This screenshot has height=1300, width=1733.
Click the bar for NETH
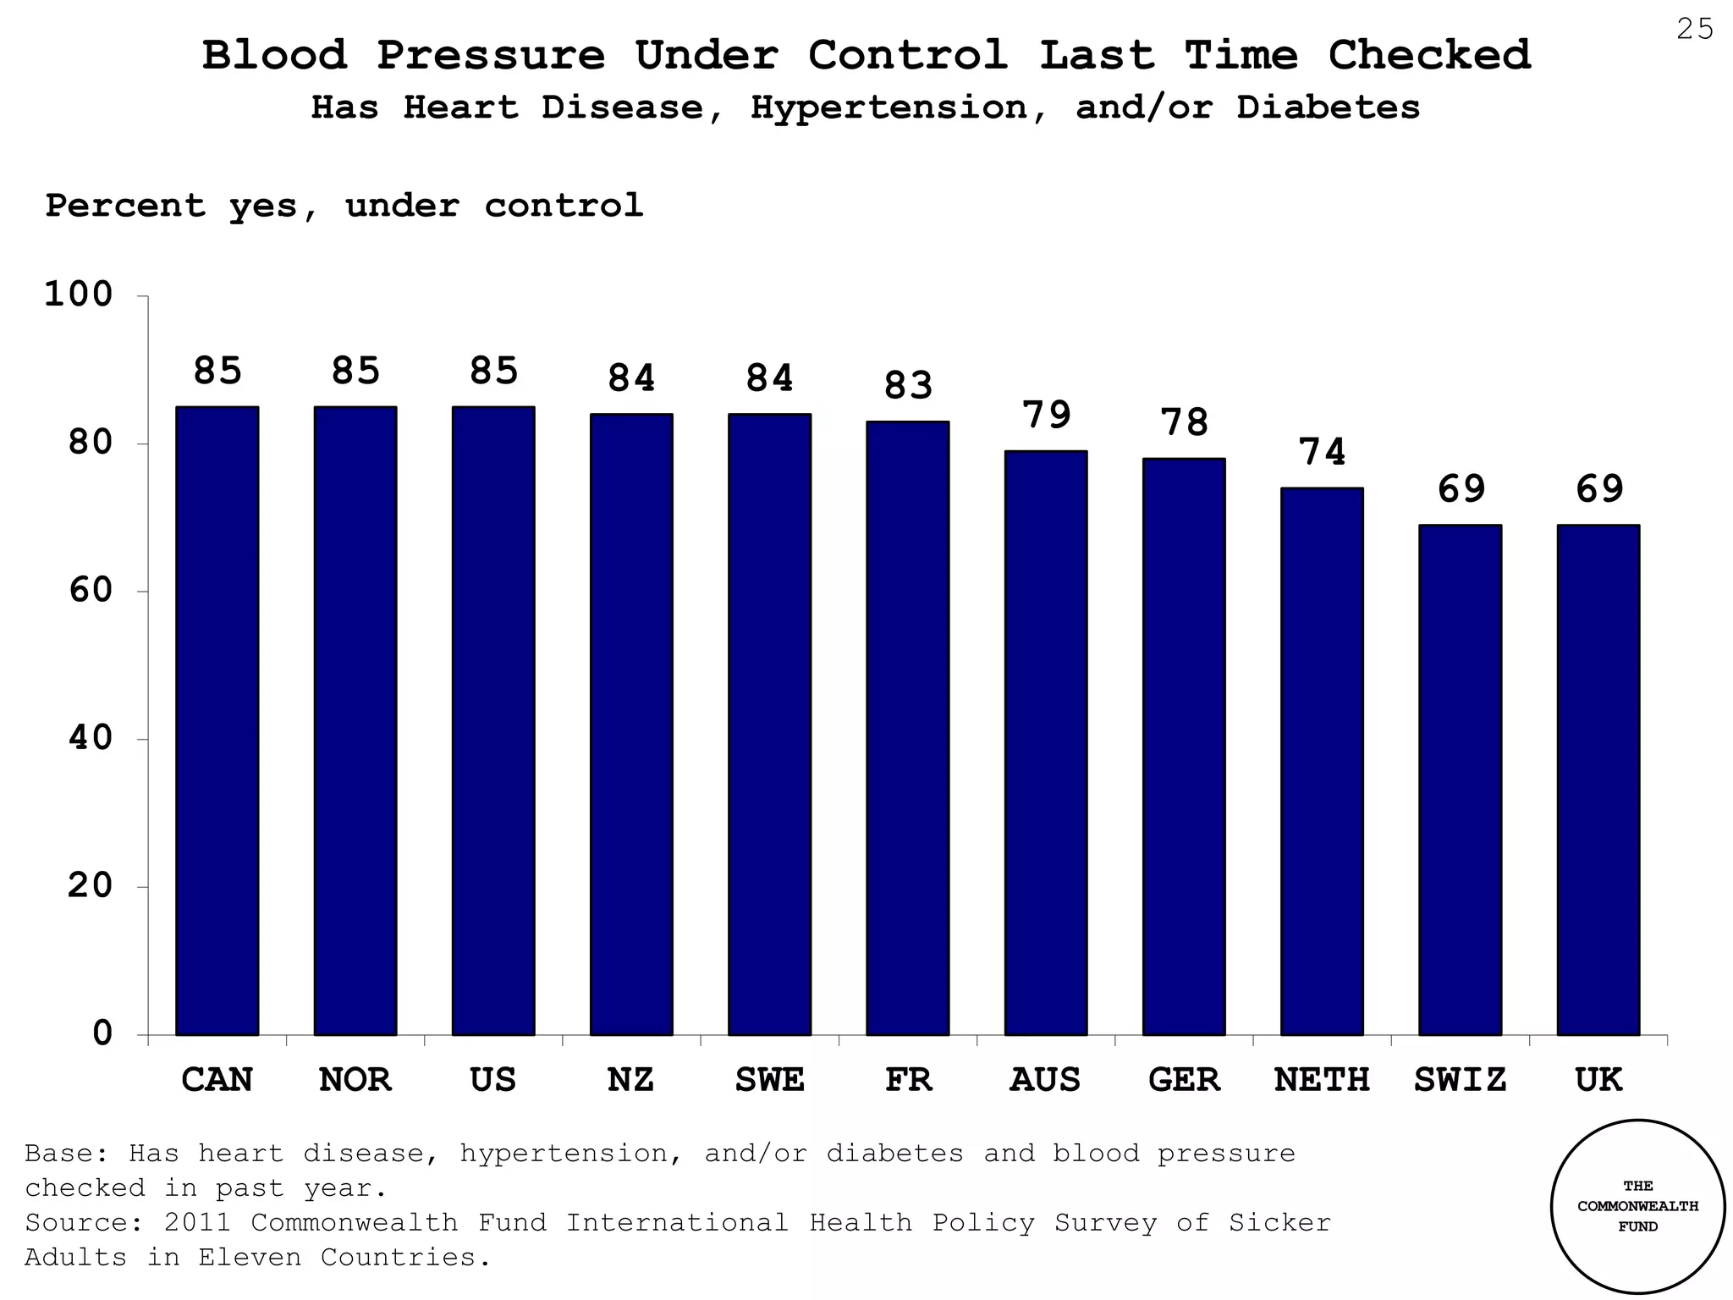1322,762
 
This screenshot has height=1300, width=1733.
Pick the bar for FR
907,728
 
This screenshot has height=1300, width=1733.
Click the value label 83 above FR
908,386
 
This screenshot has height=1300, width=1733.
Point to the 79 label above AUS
1046,416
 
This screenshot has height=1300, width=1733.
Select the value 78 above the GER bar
1184,422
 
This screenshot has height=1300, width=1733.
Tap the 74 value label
1322,452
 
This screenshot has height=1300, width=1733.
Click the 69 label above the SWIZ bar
1461,489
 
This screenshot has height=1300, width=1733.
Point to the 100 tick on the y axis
78,295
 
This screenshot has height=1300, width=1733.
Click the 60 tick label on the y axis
90,590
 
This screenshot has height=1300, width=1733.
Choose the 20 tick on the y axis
90,886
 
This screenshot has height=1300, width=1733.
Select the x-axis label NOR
355,1080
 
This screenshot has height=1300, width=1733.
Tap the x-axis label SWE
769,1080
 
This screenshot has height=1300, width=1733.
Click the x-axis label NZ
630,1080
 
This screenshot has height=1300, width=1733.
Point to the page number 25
1694,30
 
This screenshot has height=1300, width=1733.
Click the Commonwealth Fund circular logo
1637,1206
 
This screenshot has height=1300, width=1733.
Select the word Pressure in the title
491,56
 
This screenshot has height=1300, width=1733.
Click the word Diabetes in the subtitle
1328,107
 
